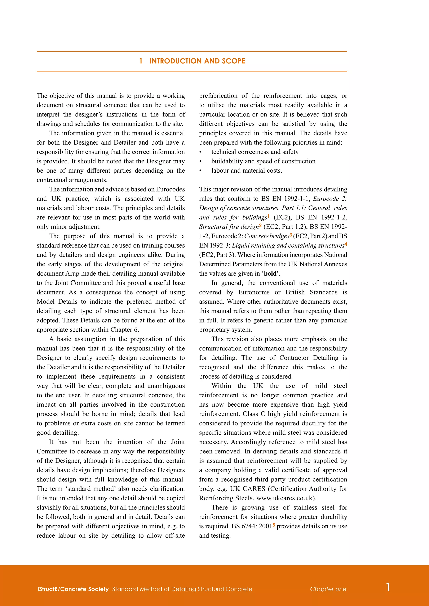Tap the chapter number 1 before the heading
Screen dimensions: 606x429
(x=141, y=61)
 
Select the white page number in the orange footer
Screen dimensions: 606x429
(x=388, y=587)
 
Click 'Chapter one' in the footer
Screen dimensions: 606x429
(x=328, y=589)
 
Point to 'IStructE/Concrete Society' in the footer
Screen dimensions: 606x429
(x=73, y=589)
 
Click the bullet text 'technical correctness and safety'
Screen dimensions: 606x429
(x=255, y=152)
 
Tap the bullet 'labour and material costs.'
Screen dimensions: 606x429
(x=247, y=171)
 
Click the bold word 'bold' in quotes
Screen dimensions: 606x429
(x=270, y=273)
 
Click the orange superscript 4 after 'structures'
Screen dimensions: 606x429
(x=346, y=244)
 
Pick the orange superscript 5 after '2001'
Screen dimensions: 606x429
(x=274, y=525)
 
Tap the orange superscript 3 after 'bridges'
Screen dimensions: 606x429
(x=291, y=235)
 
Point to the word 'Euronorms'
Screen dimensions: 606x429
(x=254, y=292)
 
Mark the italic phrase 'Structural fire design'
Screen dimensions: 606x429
(x=229, y=227)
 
